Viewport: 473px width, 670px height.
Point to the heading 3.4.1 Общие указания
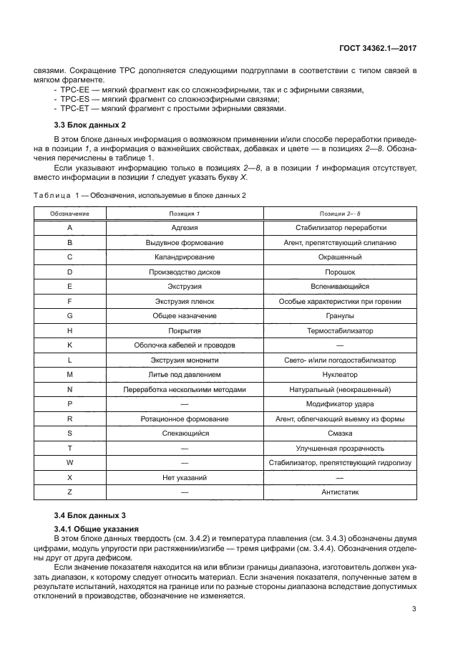[98, 528]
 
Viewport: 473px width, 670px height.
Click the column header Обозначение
[69, 214]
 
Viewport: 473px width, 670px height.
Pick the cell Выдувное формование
[184, 242]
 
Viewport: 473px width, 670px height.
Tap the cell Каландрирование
[184, 257]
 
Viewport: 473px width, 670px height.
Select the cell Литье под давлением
[184, 374]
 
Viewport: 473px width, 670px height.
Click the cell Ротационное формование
[184, 418]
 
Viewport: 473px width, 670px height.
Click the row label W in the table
[69, 462]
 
